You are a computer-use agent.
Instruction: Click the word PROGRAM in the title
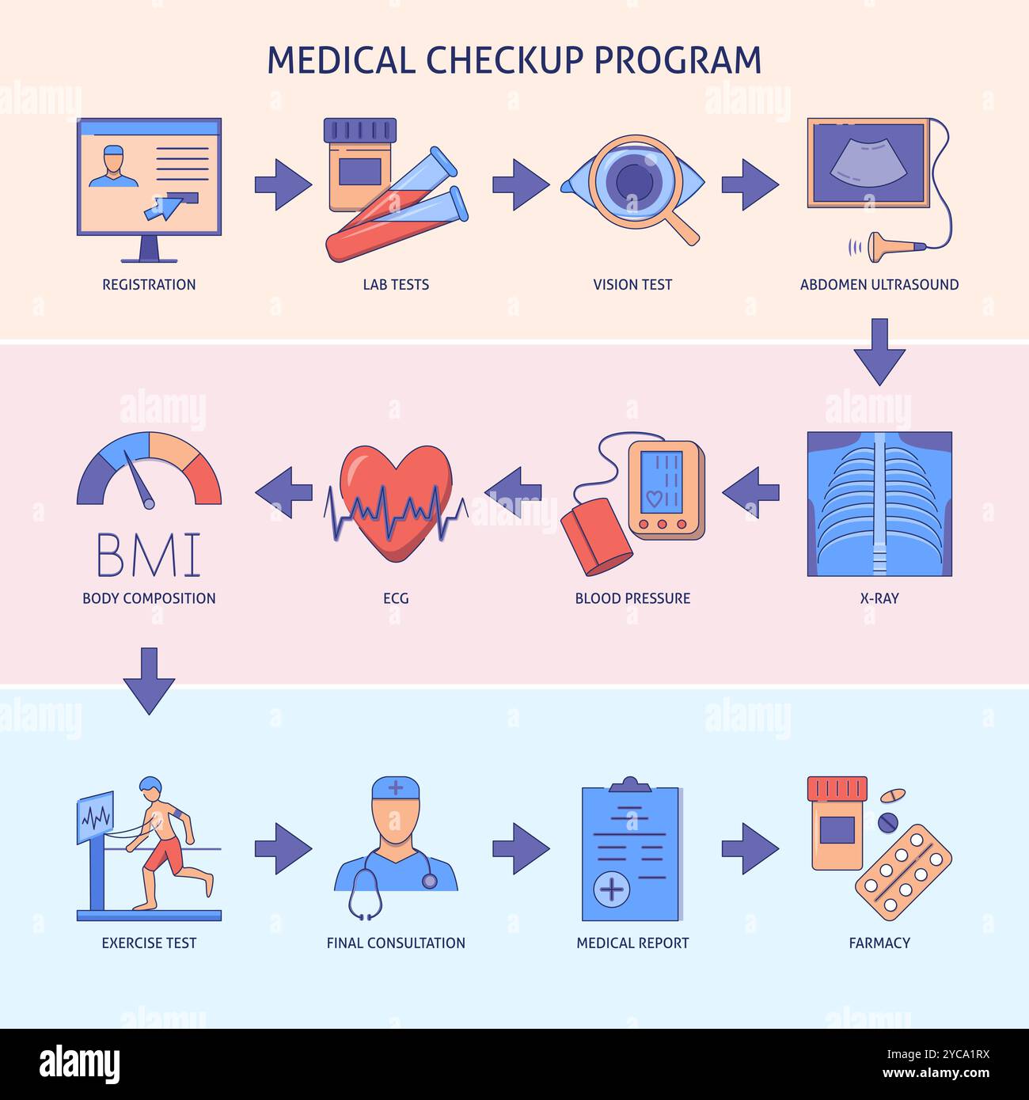click(x=678, y=60)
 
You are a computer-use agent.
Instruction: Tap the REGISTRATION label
click(x=149, y=285)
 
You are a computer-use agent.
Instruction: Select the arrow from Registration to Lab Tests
click(x=283, y=185)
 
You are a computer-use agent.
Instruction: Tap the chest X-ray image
click(x=879, y=504)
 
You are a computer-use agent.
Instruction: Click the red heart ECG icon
click(x=396, y=502)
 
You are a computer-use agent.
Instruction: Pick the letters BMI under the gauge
click(x=149, y=555)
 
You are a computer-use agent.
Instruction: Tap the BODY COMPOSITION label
click(x=149, y=598)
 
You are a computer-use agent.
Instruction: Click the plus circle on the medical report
click(x=611, y=890)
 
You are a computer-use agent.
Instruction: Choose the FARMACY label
click(x=879, y=943)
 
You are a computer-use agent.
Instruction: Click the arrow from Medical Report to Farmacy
click(x=749, y=849)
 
